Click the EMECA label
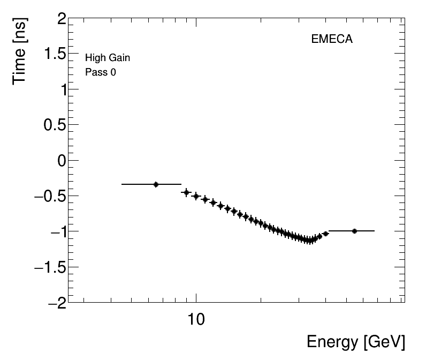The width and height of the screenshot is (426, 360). (x=332, y=39)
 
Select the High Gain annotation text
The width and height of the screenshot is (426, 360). (x=108, y=58)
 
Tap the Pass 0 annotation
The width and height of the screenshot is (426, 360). (x=101, y=72)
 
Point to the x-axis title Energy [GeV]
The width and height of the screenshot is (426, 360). (x=355, y=342)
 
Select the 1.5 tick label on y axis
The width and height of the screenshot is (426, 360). (x=55, y=55)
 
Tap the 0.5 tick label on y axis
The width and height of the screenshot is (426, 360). (x=55, y=125)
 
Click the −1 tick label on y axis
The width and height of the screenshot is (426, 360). (x=57, y=231)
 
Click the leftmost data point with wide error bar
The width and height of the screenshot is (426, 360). (x=156, y=184)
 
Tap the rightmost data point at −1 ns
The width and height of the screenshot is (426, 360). (x=354, y=231)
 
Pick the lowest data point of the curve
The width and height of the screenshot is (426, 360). (x=309, y=241)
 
